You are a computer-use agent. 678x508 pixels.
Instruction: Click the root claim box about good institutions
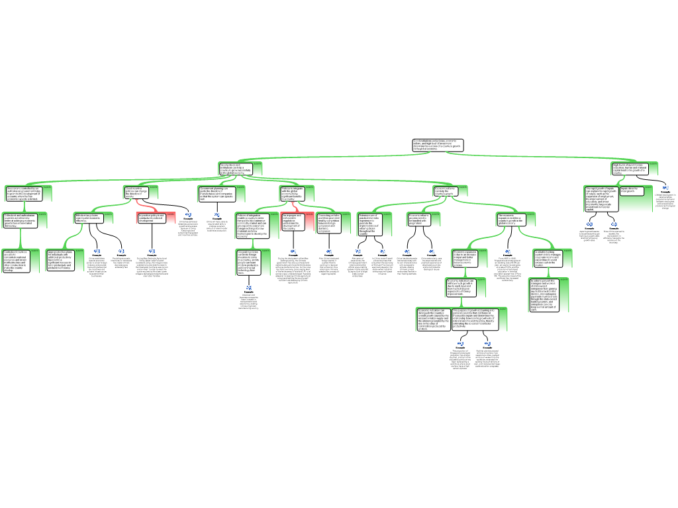pyautogui.click(x=438, y=145)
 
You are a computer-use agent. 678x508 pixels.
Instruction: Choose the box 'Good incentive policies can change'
pyautogui.click(x=137, y=192)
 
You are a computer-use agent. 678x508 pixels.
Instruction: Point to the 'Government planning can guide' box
pyautogui.click(x=217, y=193)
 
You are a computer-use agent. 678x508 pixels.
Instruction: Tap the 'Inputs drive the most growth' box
pyautogui.click(x=632, y=190)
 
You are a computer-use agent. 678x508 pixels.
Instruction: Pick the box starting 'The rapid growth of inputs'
pyautogui.click(x=601, y=198)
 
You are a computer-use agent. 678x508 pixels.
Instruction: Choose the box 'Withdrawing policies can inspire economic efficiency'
pyautogui.click(x=89, y=218)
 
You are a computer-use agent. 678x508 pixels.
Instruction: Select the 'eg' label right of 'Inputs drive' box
pyautogui.click(x=665, y=187)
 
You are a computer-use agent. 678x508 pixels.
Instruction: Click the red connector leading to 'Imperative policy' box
pyautogui.click(x=147, y=208)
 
